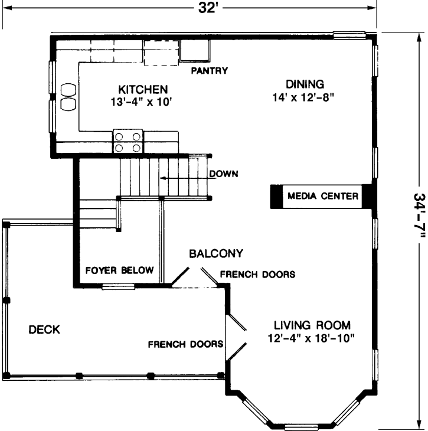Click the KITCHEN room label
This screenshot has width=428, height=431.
click(143, 89)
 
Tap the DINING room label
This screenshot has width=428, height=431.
click(305, 83)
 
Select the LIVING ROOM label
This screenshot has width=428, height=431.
click(312, 325)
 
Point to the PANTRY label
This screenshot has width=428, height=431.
click(209, 71)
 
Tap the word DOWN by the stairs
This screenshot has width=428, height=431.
click(223, 174)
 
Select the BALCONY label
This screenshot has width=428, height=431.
click(216, 254)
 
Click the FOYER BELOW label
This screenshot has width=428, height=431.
click(120, 271)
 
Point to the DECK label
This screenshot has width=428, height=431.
click(44, 329)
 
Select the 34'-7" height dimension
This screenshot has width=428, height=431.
click(418, 216)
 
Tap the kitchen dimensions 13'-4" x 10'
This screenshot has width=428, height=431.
click(143, 102)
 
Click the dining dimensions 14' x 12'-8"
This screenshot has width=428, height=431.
click(305, 96)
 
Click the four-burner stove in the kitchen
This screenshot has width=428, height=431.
click(128, 142)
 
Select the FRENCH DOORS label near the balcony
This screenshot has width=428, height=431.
click(257, 275)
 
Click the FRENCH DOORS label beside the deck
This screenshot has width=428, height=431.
click(185, 344)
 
